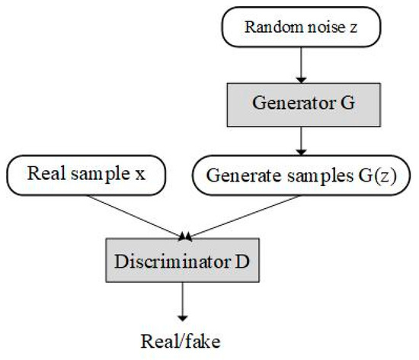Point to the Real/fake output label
[x=183, y=339]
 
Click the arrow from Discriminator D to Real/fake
[x=183, y=302]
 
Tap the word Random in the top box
[x=266, y=29]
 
